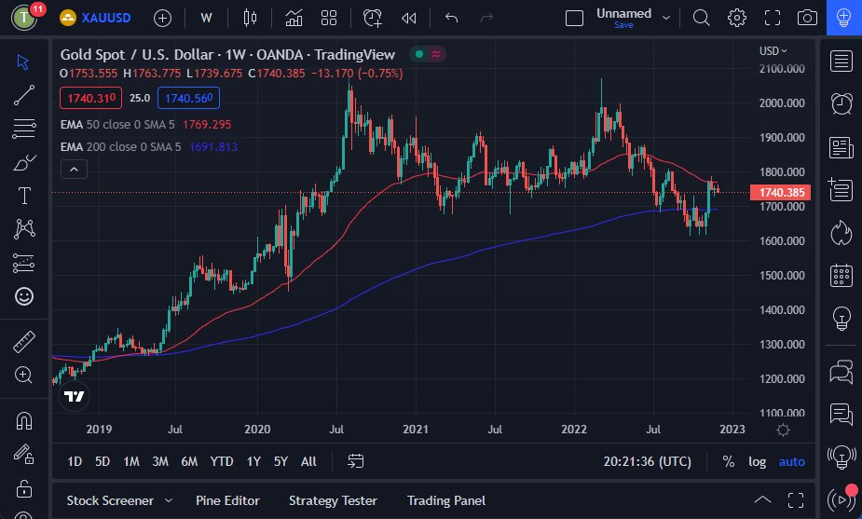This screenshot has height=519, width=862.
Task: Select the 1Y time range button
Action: point(253,461)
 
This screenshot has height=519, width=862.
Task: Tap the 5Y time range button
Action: point(280,461)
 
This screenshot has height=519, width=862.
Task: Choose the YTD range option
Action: point(222,461)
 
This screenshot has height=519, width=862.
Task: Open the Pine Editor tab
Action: point(227,500)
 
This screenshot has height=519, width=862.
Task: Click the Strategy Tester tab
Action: point(333,500)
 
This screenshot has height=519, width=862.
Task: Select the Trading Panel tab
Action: point(445,500)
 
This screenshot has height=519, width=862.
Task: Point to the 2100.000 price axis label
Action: point(782,69)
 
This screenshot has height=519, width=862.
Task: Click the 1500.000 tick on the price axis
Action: point(782,276)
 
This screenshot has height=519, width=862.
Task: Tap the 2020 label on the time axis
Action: point(257,430)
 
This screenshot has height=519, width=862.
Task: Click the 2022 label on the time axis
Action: point(573,430)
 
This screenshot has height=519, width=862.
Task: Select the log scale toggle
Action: point(757,461)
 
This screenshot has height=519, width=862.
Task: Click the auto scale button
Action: point(791,461)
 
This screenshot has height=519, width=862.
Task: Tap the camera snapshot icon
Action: point(808,18)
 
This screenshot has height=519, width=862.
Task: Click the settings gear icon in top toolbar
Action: point(737,18)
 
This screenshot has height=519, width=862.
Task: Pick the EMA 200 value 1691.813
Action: point(212,146)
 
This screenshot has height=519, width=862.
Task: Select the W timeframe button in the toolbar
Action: point(206,18)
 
